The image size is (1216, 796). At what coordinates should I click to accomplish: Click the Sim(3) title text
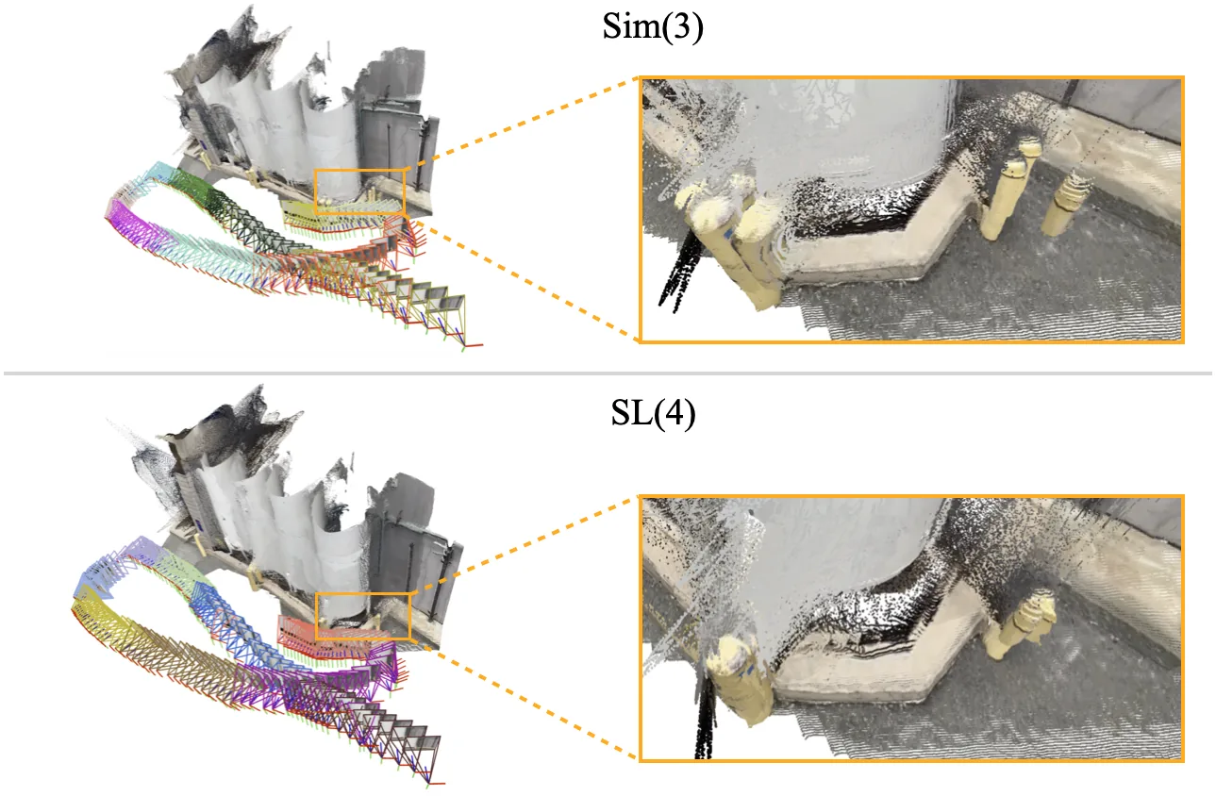click(x=653, y=26)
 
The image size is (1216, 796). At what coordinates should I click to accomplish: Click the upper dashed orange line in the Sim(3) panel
click(x=523, y=121)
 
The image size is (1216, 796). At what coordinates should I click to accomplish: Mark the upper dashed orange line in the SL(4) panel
click(x=524, y=544)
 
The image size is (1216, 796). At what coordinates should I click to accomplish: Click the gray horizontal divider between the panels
click(x=608, y=373)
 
